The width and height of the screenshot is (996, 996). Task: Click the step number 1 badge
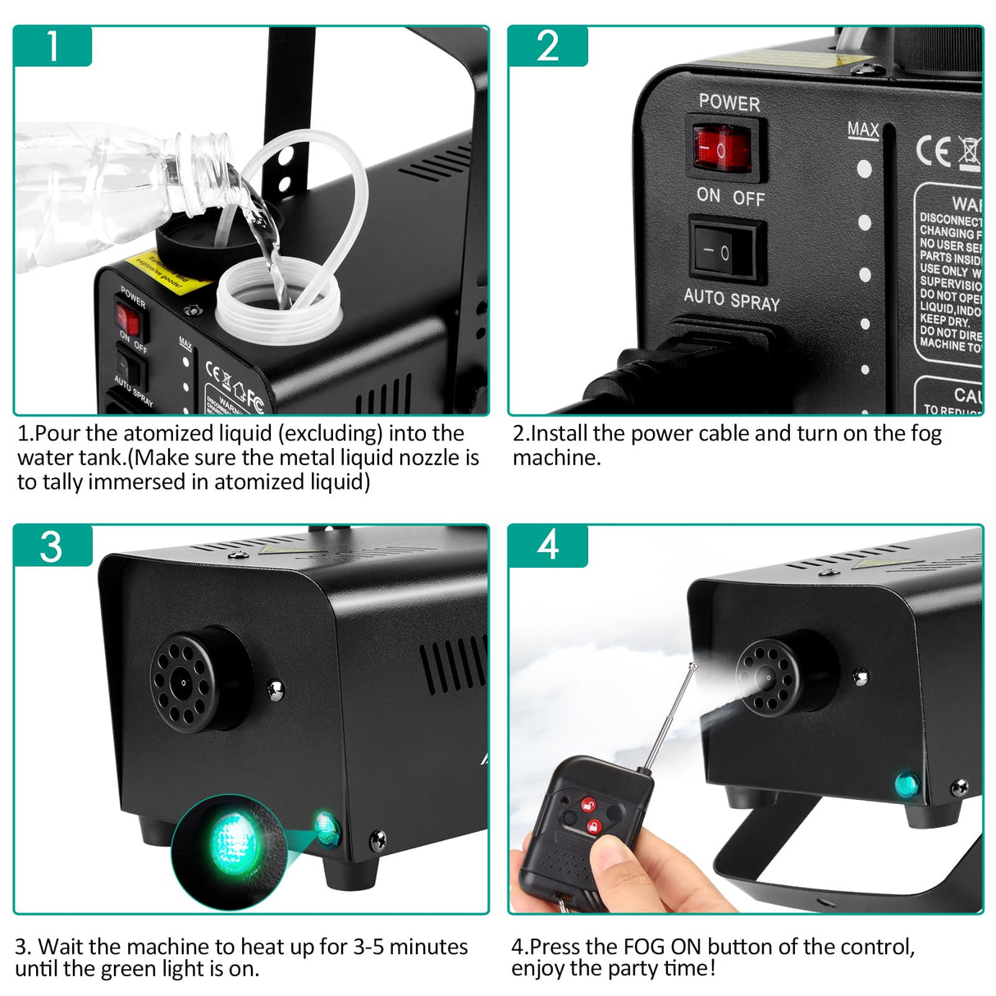52,46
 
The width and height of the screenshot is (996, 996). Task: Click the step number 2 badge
547,46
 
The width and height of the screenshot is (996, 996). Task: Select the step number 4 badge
547,546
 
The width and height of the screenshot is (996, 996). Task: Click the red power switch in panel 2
722,149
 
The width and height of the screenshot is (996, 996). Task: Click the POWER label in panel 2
729,103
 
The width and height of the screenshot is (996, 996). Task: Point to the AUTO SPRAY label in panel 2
732,299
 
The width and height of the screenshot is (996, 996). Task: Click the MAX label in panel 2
863,130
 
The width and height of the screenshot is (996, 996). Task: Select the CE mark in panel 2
934,152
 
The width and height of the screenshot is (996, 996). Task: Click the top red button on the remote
588,804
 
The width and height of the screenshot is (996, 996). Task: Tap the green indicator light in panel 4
907,784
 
